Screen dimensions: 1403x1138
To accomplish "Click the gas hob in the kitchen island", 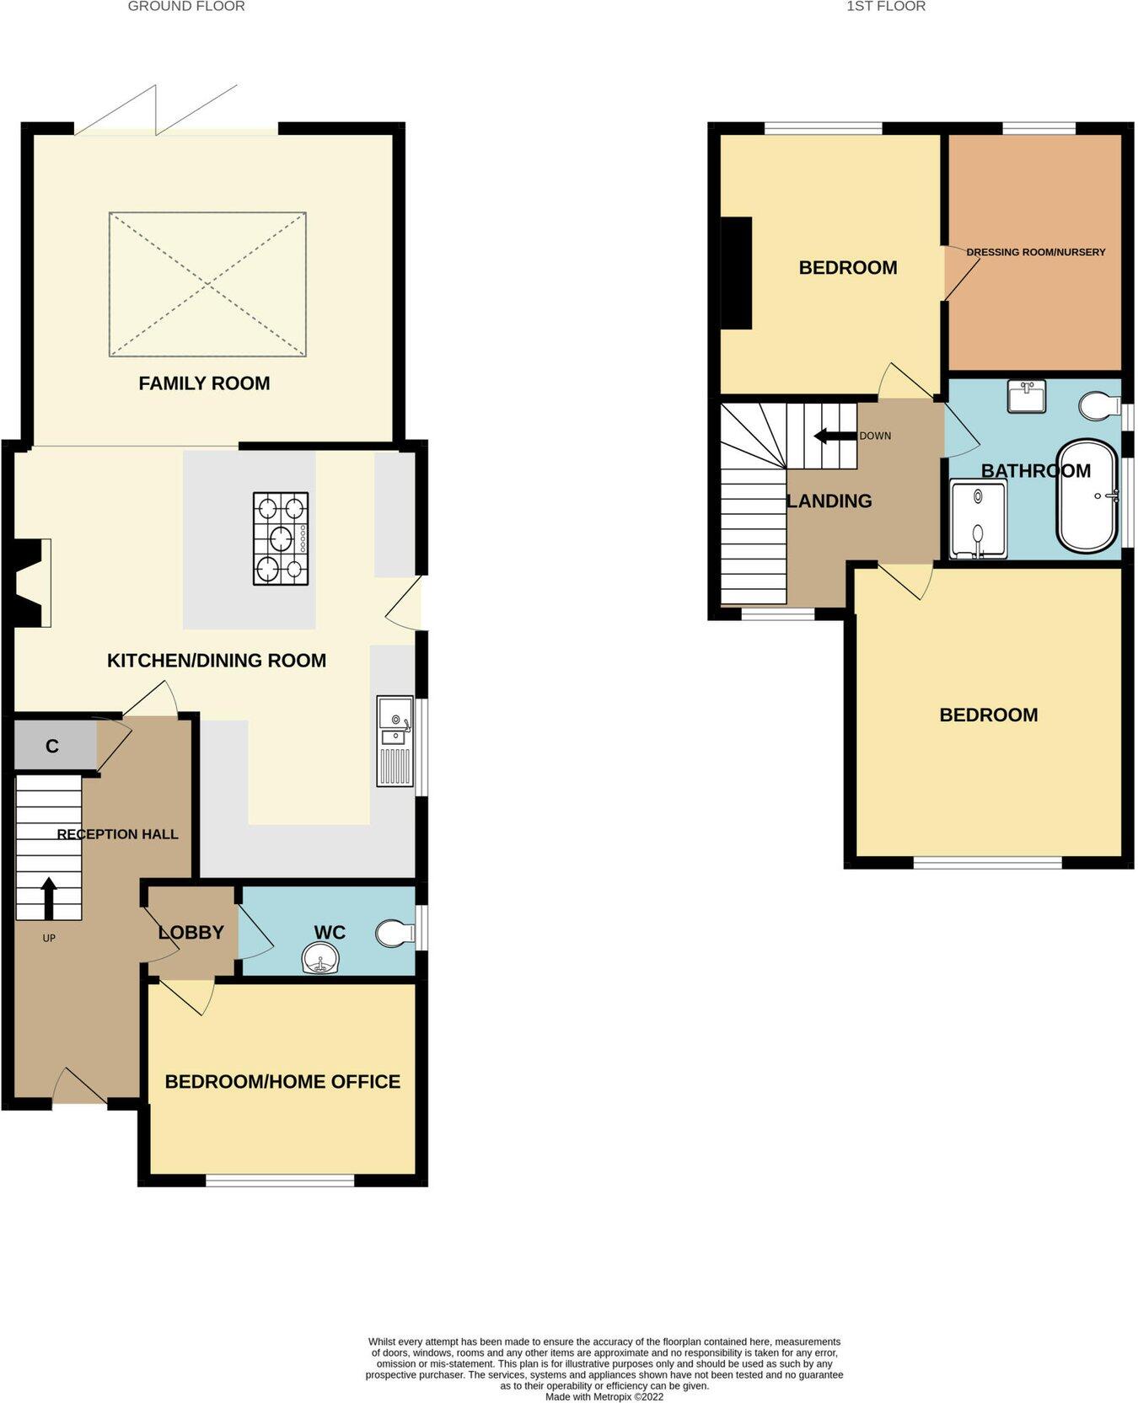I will point(281,538).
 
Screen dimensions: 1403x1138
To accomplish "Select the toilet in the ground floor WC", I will point(394,933).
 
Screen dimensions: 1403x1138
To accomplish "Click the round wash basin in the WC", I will point(321,958).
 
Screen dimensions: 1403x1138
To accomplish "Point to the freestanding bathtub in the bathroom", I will point(1087,495).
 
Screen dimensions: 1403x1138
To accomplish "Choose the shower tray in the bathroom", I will point(978,519).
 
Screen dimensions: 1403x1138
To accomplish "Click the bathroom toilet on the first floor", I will point(1099,406).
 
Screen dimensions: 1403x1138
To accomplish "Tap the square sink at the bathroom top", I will point(1026,396).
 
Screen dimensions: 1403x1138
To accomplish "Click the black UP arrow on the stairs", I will point(49,897).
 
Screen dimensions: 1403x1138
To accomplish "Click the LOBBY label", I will point(191,932).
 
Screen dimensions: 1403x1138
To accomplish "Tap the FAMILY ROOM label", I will point(204,383).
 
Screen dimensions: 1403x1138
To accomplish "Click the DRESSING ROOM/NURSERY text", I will point(1035,252).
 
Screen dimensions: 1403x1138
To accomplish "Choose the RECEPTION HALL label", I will point(117,834).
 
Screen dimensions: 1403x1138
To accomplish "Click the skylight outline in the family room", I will point(207,284).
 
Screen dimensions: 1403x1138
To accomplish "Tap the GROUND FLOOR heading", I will point(186,7).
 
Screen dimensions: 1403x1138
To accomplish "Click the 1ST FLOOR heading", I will point(886,7).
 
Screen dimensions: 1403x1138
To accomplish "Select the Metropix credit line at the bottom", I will point(604,1396).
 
